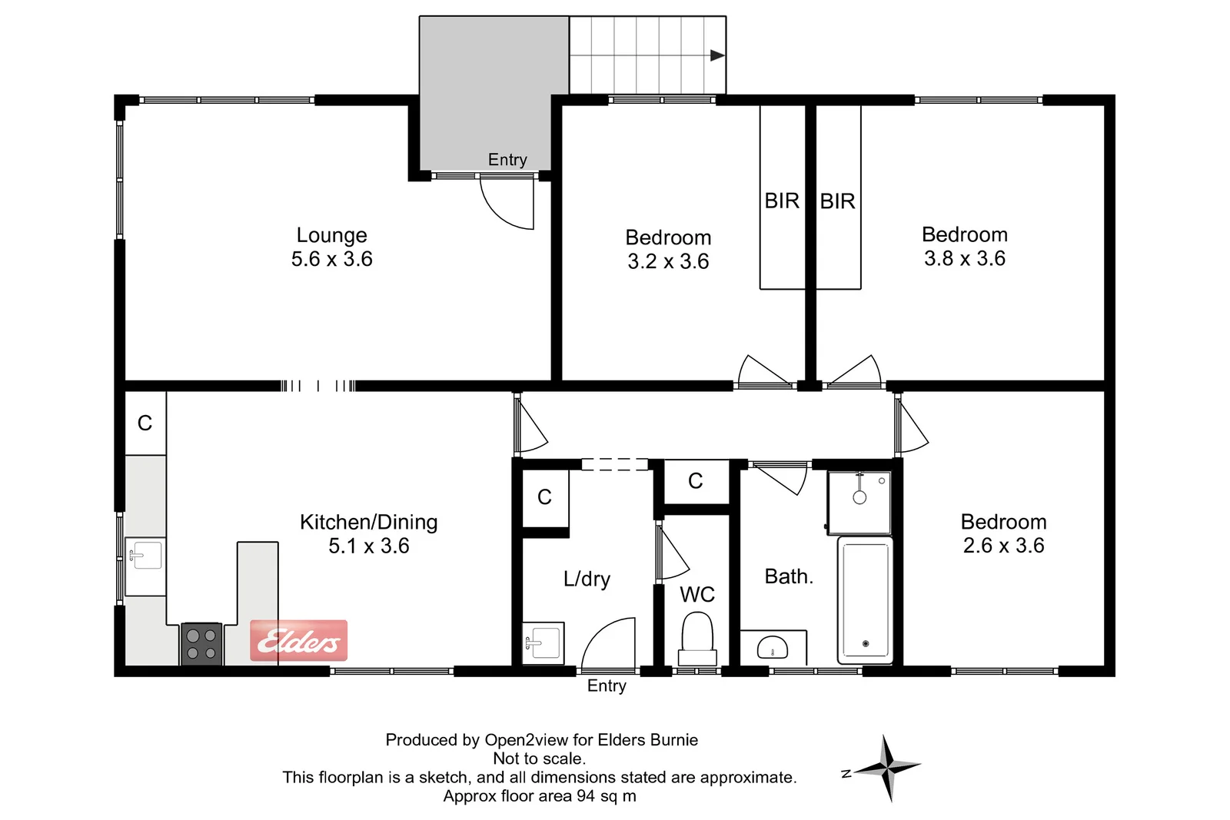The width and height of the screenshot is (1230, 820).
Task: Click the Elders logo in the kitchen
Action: [299, 640]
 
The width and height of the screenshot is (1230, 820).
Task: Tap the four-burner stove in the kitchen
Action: [201, 644]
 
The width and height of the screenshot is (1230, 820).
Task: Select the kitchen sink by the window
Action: [145, 555]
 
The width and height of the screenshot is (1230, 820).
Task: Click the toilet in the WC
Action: [697, 637]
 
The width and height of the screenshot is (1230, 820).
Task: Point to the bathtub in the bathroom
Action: [866, 599]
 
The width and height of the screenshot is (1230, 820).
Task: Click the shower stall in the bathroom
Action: [859, 503]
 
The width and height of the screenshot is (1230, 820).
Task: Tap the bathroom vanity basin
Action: [773, 647]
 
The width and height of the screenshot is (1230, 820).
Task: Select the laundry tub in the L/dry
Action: [544, 642]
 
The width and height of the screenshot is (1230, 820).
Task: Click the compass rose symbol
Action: [887, 767]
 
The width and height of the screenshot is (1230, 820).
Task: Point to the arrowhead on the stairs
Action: [717, 55]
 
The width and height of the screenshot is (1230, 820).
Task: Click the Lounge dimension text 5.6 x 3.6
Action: [331, 259]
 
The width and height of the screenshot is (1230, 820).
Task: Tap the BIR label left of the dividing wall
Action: [782, 201]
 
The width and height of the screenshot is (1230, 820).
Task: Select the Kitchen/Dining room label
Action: [368, 522]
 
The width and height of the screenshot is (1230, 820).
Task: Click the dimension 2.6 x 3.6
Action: [1003, 546]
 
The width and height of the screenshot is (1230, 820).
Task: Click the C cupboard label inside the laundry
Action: [544, 497]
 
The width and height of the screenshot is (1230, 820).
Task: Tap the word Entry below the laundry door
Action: [607, 686]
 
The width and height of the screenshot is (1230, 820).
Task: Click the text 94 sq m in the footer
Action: [607, 796]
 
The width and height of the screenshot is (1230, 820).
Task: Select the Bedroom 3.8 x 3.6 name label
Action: [964, 234]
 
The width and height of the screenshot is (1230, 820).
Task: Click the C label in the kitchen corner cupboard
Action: [145, 423]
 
